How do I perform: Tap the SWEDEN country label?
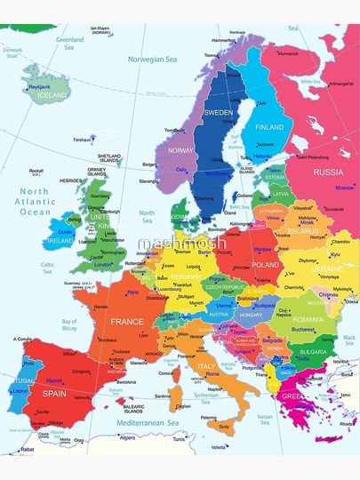[x=218, y=115]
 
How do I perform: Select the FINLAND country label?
[x=268, y=126]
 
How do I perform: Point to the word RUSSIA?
[x=329, y=172]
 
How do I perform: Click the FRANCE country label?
[x=127, y=321]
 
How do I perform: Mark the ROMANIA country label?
[x=307, y=318]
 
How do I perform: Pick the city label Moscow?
[x=345, y=188]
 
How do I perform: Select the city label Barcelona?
[x=125, y=382]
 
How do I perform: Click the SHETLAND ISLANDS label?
[x=110, y=158]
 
